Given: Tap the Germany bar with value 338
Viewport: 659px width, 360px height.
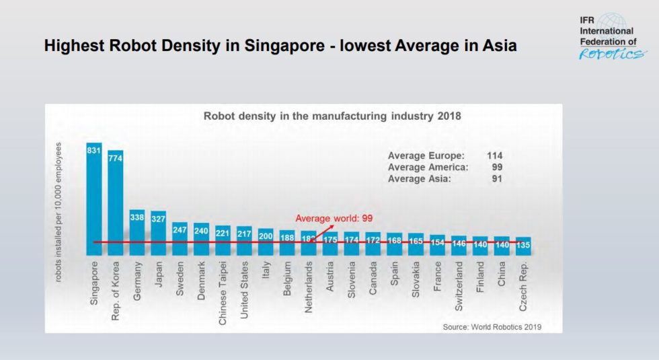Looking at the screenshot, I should pyautogui.click(x=137, y=232).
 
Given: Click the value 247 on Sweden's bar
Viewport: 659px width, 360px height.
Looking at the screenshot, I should pyautogui.click(x=180, y=229).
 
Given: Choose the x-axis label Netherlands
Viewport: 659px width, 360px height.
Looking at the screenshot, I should pyautogui.click(x=309, y=288).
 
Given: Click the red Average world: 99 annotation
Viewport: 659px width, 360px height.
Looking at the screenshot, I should pyautogui.click(x=334, y=219).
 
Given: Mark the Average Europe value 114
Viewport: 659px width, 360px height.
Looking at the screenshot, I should pyautogui.click(x=496, y=155).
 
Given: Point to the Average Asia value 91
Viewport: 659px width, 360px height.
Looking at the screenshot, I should pyautogui.click(x=497, y=178).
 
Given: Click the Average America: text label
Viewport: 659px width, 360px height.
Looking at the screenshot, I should pyautogui.click(x=428, y=167).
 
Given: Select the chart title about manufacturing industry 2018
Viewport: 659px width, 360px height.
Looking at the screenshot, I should pyautogui.click(x=332, y=116).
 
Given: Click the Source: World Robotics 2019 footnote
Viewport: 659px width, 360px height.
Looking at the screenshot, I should pyautogui.click(x=492, y=327).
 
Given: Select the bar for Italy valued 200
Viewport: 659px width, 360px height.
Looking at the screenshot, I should pyautogui.click(x=266, y=242).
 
